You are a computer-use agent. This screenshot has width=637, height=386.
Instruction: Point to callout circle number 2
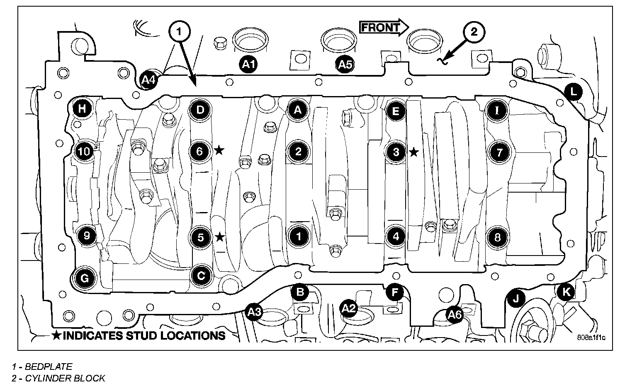click(x=474, y=31)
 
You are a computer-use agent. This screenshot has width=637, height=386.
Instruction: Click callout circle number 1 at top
click(x=179, y=31)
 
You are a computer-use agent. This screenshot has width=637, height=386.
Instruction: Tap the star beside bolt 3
click(x=413, y=152)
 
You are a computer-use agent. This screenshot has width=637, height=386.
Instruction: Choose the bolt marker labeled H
click(x=83, y=109)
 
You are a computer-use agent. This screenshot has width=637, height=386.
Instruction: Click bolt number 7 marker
click(x=499, y=152)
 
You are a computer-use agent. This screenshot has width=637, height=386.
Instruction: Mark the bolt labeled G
click(x=84, y=278)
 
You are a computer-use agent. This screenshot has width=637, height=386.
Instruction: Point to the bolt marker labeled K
click(x=566, y=292)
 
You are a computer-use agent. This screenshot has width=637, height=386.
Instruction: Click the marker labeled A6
click(x=455, y=315)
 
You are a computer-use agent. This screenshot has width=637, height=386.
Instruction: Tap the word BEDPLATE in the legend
click(x=49, y=367)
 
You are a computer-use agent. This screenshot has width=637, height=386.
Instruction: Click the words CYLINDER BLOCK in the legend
click(x=65, y=378)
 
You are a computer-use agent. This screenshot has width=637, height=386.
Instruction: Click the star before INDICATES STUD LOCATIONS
click(x=56, y=335)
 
